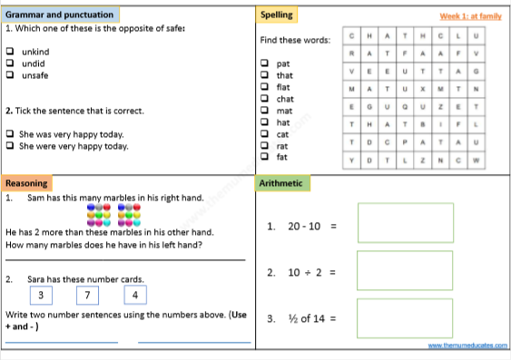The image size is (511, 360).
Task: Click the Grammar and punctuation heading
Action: (x=60, y=15)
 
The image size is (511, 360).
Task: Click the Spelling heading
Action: (x=276, y=15)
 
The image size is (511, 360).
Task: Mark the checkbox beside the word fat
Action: (x=264, y=157)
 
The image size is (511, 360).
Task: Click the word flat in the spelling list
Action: (x=285, y=87)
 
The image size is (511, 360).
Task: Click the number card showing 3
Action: (x=40, y=295)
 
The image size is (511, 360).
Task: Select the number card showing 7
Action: (x=87, y=295)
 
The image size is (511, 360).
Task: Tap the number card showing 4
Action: (x=134, y=295)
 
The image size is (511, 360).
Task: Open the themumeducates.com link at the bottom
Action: (x=467, y=346)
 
